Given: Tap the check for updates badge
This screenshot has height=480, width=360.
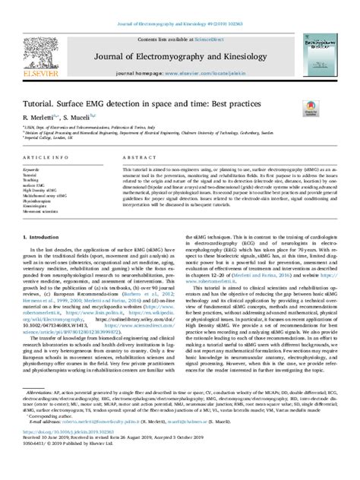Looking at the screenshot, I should tap(311, 108).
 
